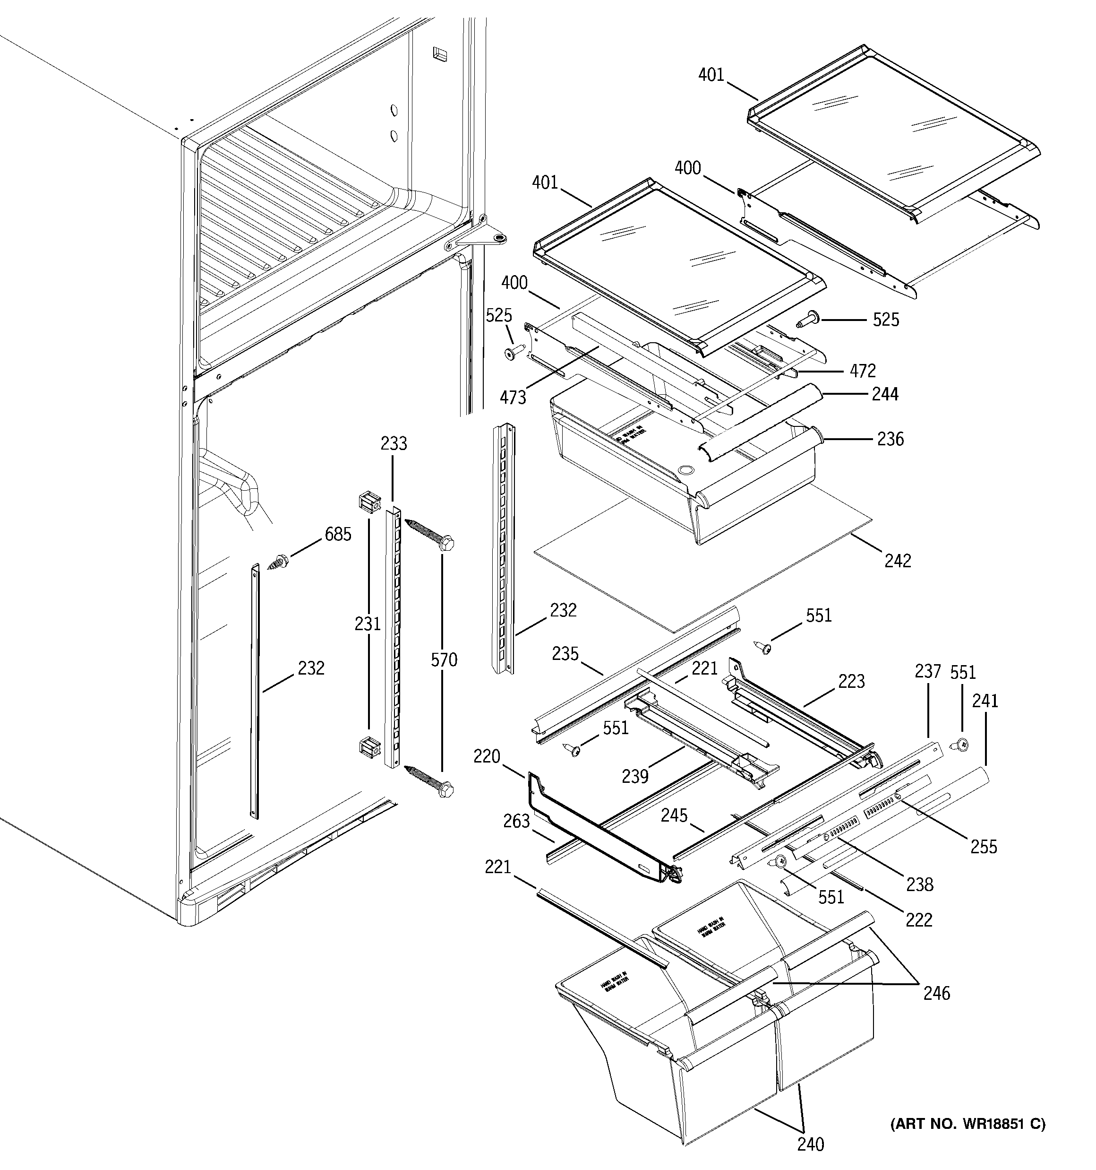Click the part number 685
pos(338,534)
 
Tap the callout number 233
pos(394,443)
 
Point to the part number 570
pos(444,660)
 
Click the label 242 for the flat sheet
pos(898,560)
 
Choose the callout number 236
pos(890,439)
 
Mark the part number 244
pos(885,394)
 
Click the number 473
pos(513,398)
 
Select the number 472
pos(863,370)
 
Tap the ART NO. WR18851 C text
pos(967,1124)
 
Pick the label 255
pos(984,847)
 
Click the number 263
pos(516,821)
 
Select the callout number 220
pos(487,756)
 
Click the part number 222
pos(919,919)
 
